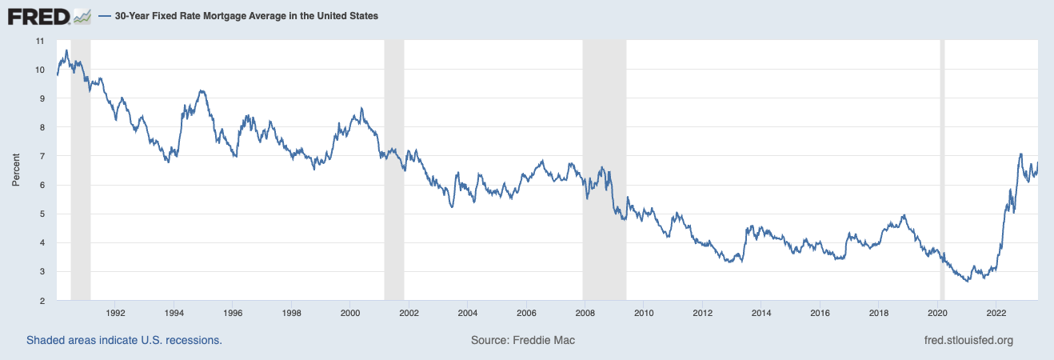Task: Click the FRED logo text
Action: (38, 18)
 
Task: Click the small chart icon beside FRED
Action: (82, 18)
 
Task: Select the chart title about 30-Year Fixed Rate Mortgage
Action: (246, 16)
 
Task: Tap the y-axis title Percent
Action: (16, 170)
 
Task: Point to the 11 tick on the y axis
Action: (40, 41)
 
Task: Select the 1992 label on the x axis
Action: (115, 313)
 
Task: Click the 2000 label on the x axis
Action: (350, 313)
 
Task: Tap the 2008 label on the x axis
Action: (585, 313)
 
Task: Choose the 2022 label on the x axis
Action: (996, 313)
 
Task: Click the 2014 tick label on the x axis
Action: (761, 313)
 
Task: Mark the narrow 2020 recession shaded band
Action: (943, 170)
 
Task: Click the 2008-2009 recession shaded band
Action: (605, 170)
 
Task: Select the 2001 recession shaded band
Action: (394, 170)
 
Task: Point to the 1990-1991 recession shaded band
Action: (81, 170)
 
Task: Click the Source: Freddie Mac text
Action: (523, 340)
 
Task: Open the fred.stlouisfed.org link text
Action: (969, 340)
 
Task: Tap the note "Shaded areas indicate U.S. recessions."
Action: (124, 340)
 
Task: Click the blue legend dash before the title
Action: (105, 16)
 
